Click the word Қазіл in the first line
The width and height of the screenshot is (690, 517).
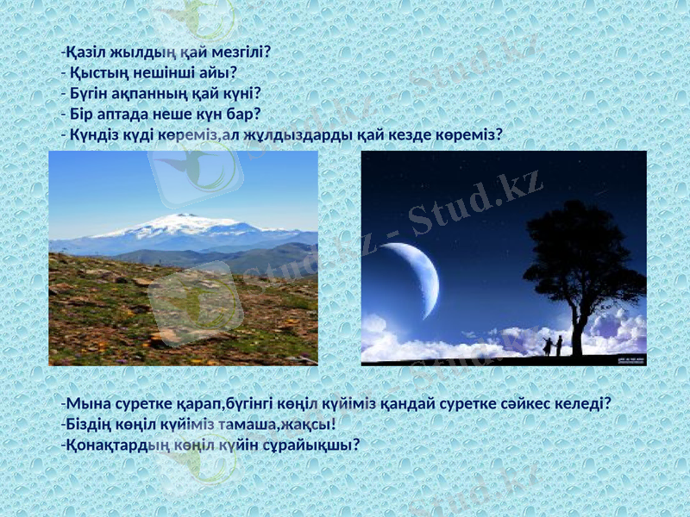pyautogui.click(x=85, y=52)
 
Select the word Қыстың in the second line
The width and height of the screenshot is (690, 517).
pyautogui.click(x=95, y=72)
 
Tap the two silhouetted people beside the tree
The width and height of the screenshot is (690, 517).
pyautogui.click(x=553, y=346)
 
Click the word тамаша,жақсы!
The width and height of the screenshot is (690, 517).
pyautogui.click(x=278, y=424)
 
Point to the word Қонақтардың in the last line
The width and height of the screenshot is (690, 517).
pyautogui.click(x=109, y=445)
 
